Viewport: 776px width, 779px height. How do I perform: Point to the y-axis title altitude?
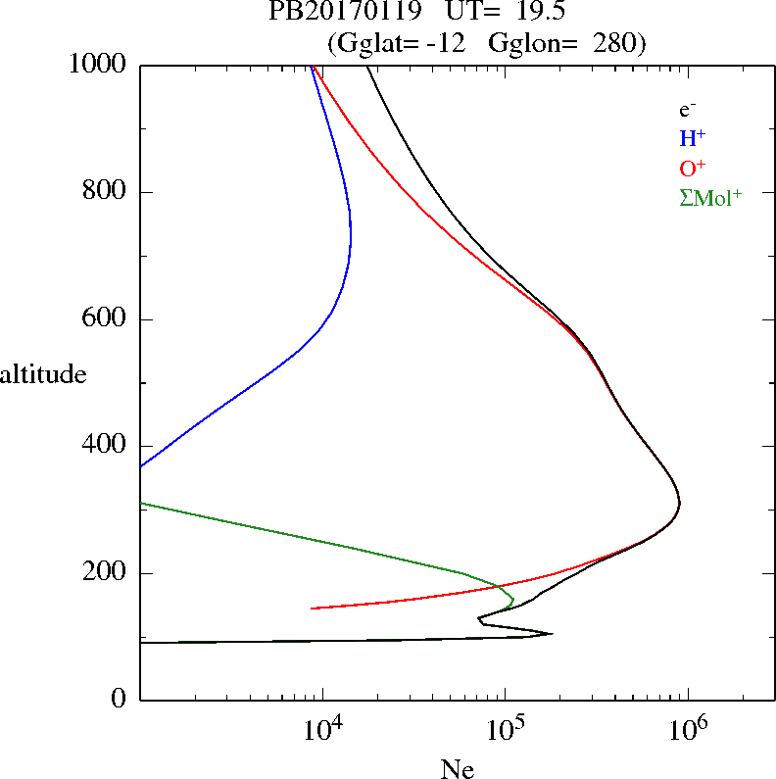43,374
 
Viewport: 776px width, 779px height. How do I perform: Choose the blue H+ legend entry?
693,138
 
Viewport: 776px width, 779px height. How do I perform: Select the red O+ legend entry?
694,168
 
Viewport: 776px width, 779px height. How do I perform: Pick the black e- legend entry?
689,110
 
